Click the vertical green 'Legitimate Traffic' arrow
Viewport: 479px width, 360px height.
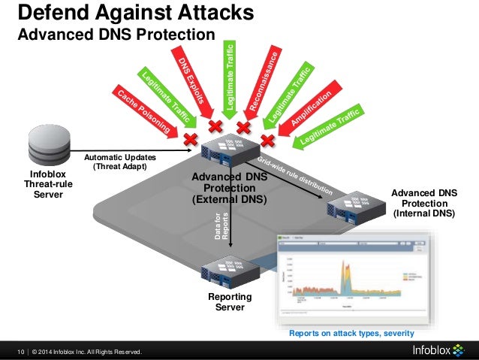pos(230,75)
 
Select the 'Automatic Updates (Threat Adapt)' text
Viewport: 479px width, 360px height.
pos(120,162)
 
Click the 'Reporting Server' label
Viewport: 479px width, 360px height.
pos(230,302)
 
